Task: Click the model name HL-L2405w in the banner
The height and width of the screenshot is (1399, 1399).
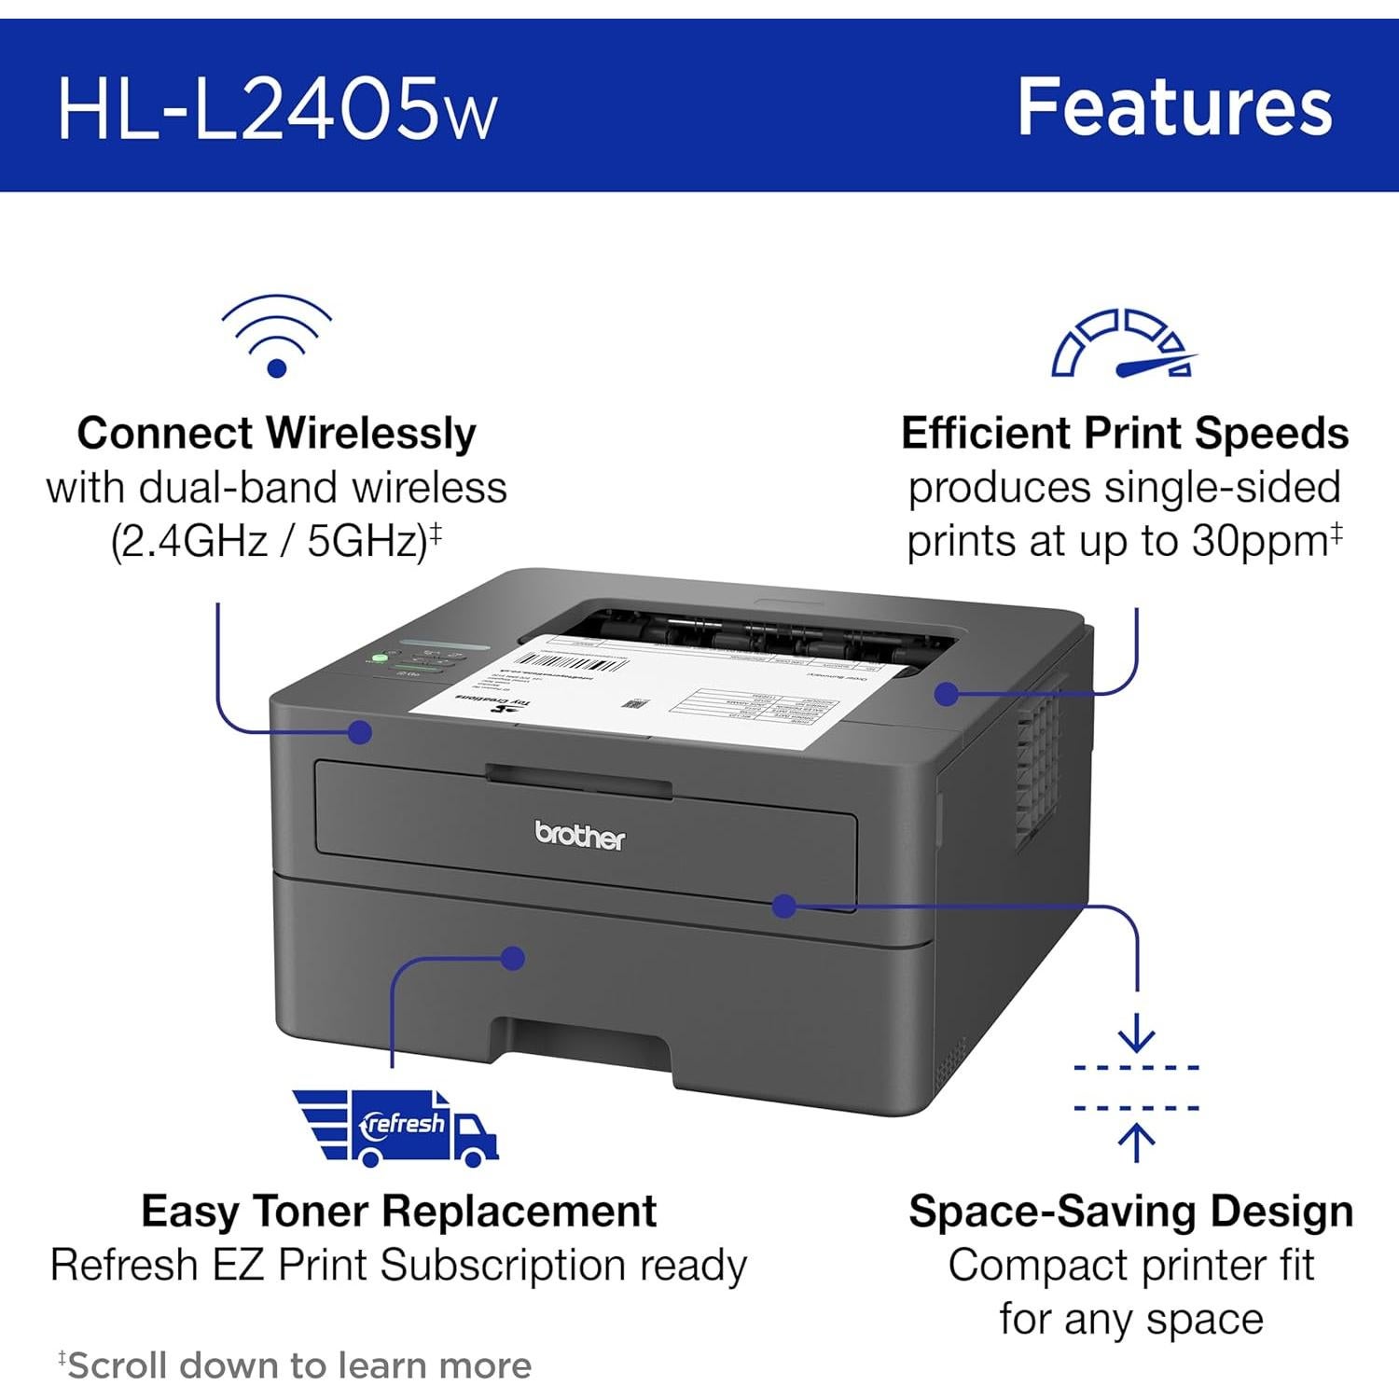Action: [277, 108]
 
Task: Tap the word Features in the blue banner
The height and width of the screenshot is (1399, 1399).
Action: [1174, 106]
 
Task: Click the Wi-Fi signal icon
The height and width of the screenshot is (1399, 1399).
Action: [276, 337]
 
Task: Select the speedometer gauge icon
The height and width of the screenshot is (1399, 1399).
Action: [1124, 343]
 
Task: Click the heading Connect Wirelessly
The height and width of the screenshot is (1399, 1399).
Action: [276, 434]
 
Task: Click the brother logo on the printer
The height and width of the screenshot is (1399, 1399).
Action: [579, 836]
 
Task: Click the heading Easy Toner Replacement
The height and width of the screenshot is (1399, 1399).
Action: [398, 1212]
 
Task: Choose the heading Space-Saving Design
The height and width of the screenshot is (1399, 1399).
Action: [1130, 1212]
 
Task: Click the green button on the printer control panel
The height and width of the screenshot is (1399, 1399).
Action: [380, 658]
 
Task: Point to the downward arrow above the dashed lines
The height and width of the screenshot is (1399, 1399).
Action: [1136, 1035]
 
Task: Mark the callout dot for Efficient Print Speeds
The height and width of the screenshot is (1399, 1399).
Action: [946, 693]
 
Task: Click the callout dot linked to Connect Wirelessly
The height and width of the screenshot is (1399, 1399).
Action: [360, 731]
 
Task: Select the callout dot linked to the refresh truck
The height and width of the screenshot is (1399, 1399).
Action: [512, 958]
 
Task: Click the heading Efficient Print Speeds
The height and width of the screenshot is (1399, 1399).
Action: [1125, 434]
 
